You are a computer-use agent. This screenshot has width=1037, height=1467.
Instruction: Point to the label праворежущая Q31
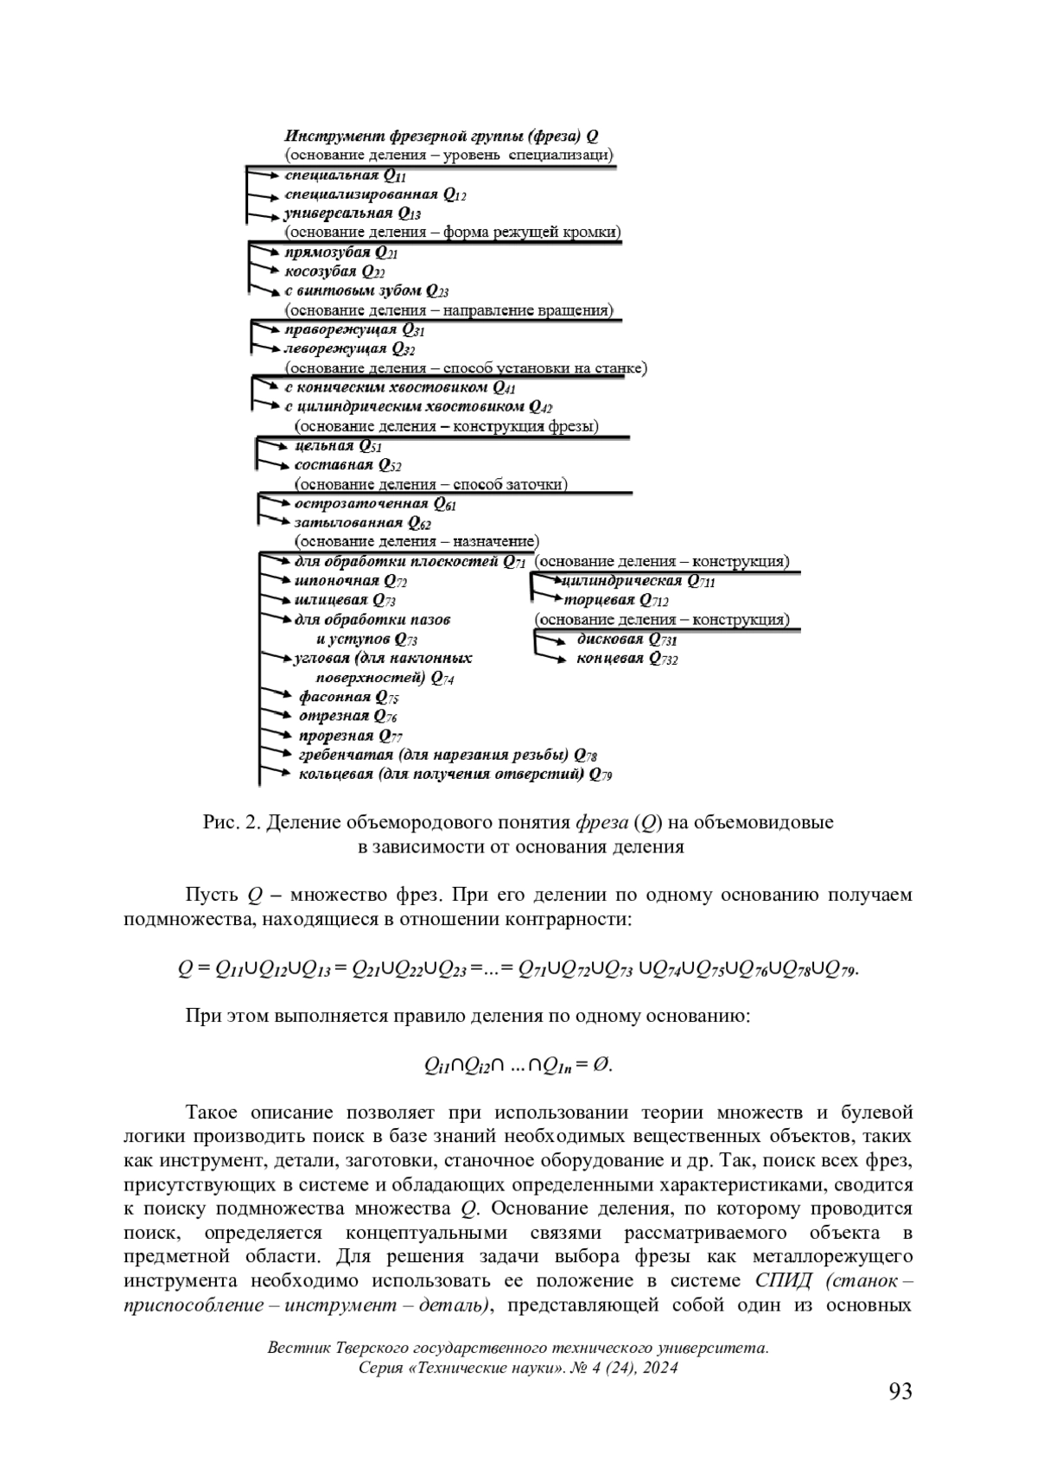pos(354,329)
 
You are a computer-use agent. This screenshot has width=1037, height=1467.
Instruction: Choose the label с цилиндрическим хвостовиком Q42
pos(419,406)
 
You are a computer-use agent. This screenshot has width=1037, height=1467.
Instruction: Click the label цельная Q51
pos(338,446)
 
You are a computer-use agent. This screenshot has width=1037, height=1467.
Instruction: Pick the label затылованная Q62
pos(363,523)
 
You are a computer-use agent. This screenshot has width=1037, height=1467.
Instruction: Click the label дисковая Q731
pos(627,640)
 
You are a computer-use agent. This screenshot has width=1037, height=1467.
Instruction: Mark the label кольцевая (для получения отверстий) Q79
pos(455,775)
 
